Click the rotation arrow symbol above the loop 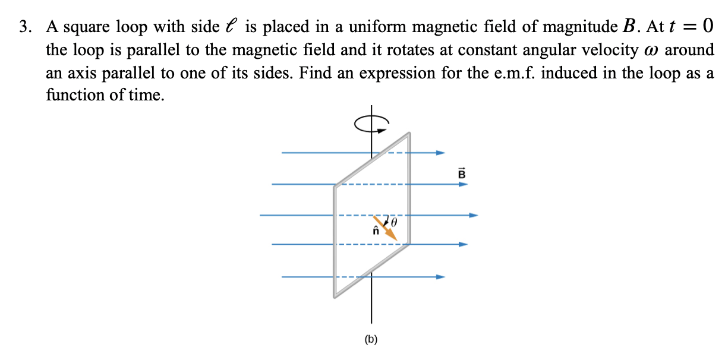(371, 123)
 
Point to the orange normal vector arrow (387, 230)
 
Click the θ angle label (393, 222)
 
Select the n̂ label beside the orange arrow (375, 232)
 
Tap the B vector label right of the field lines (462, 173)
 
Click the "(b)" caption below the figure (371, 340)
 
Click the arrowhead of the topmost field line (440, 153)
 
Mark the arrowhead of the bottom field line (440, 277)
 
